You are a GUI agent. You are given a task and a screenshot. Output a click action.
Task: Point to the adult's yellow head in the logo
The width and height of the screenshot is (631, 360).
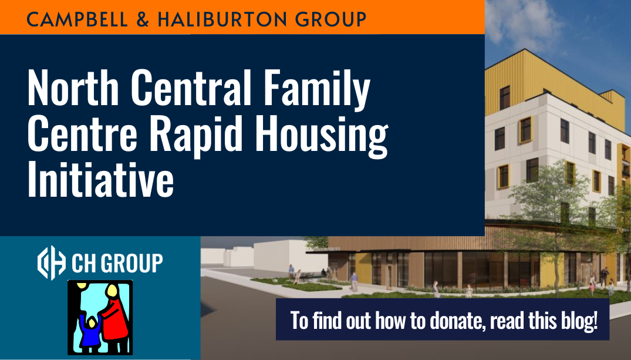click(110, 290)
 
